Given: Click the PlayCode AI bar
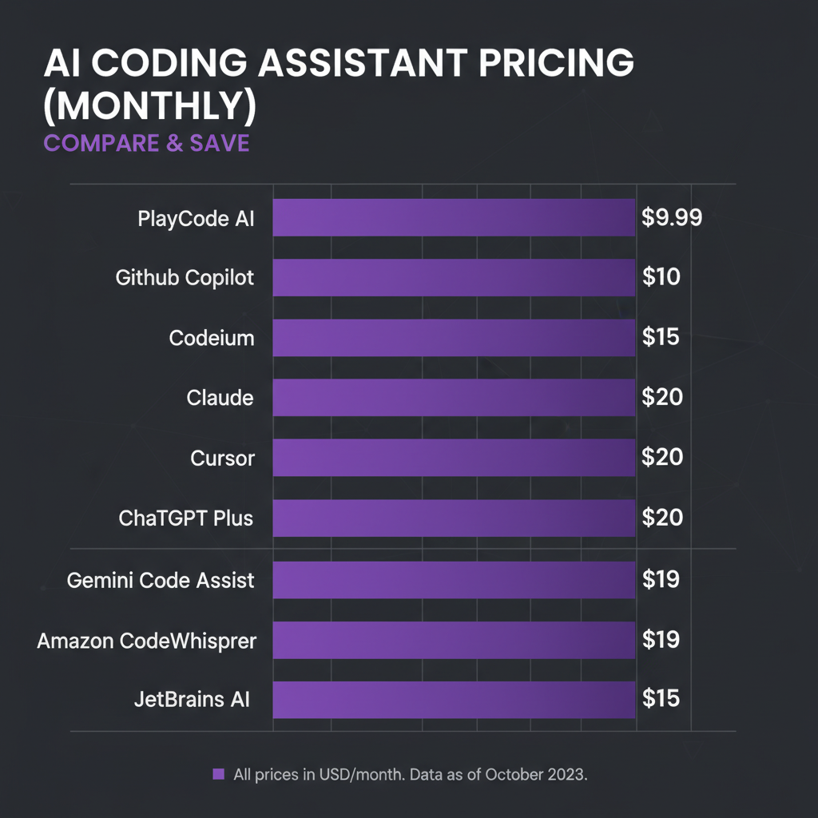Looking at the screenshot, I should [x=454, y=218].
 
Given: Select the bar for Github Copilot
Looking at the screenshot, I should [x=454, y=278].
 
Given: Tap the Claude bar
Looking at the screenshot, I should [x=454, y=398].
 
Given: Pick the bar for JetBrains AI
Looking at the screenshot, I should [x=454, y=700].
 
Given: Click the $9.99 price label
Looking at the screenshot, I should [x=672, y=218].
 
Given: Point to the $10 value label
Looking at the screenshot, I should [x=661, y=278].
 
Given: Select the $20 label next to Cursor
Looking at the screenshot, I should [x=662, y=458].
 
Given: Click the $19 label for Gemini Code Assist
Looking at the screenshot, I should [x=661, y=579].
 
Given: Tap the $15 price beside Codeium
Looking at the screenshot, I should [x=661, y=337].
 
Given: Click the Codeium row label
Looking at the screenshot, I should [x=212, y=338].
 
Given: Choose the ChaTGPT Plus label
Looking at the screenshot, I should [x=186, y=518].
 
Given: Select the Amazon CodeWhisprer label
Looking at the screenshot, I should [x=147, y=640].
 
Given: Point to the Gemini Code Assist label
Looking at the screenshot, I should [x=161, y=580].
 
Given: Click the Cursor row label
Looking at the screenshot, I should [x=223, y=459].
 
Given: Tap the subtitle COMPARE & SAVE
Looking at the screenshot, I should [x=146, y=144].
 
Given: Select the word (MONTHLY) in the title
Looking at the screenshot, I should [x=149, y=108].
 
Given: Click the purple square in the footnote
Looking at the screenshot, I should [x=218, y=774].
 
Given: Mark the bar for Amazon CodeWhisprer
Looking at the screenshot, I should [x=454, y=640].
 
